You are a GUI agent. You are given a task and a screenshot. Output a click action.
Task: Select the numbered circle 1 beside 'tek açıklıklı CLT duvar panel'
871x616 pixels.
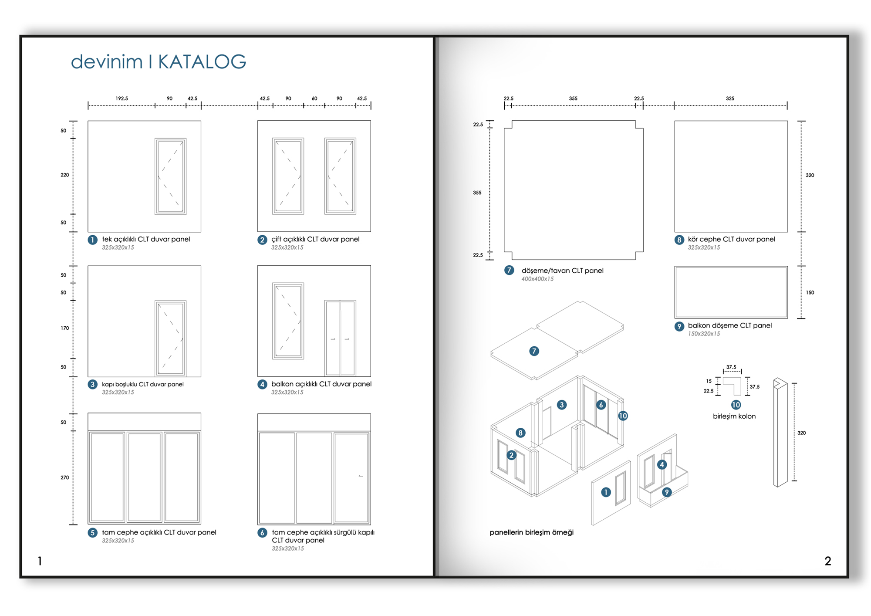pyautogui.click(x=92, y=240)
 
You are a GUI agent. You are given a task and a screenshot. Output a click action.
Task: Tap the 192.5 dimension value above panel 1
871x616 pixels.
pyautogui.click(x=122, y=98)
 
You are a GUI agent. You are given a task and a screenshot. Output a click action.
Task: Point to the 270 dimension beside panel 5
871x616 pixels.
pyautogui.click(x=65, y=477)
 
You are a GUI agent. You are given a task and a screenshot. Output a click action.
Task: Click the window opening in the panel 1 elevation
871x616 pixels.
pyautogui.click(x=170, y=176)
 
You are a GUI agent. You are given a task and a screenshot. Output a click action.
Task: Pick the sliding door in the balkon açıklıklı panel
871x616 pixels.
pyautogui.click(x=340, y=338)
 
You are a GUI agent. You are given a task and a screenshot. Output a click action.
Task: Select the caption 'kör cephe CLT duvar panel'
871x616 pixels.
pyautogui.click(x=731, y=239)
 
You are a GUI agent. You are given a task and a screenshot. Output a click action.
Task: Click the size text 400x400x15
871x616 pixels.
pyautogui.click(x=537, y=279)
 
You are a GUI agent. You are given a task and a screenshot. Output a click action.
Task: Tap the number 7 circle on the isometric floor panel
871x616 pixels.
pyautogui.click(x=534, y=351)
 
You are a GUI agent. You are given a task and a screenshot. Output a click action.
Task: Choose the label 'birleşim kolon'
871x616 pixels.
pyautogui.click(x=734, y=416)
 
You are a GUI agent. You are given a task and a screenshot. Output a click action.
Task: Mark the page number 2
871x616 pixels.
pyautogui.click(x=827, y=561)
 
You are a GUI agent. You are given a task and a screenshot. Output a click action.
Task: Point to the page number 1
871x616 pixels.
pyautogui.click(x=40, y=561)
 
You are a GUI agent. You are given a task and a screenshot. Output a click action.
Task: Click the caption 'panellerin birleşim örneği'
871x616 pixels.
pyautogui.click(x=531, y=532)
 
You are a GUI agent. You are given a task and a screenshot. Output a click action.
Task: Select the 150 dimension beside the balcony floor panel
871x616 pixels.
pyautogui.click(x=810, y=293)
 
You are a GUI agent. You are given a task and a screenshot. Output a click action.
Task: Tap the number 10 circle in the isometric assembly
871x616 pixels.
pyautogui.click(x=623, y=416)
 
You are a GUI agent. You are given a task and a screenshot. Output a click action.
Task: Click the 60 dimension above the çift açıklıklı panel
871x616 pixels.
pyautogui.click(x=314, y=98)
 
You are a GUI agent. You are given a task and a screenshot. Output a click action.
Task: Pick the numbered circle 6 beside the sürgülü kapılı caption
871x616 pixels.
pyautogui.click(x=262, y=533)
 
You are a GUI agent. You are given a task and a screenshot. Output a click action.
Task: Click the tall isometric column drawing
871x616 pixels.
pyautogui.click(x=780, y=432)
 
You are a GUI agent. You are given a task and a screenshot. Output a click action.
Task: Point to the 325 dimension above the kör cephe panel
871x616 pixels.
pyautogui.click(x=730, y=98)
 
